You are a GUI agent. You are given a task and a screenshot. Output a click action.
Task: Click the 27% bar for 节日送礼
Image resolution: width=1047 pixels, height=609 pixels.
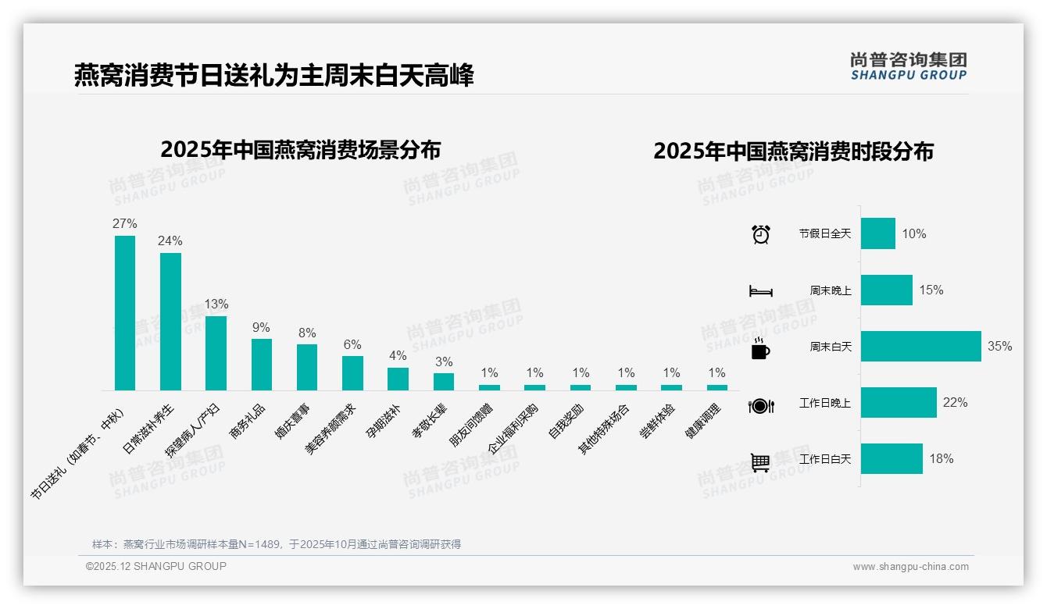125,312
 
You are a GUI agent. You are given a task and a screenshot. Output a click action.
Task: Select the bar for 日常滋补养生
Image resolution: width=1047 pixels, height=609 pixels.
170,321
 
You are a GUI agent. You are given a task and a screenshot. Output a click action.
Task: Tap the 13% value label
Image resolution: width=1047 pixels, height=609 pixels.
216,304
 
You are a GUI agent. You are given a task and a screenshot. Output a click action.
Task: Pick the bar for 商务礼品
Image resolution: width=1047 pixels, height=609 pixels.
262,364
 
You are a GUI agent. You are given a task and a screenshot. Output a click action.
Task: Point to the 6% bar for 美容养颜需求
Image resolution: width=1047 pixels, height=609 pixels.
352,373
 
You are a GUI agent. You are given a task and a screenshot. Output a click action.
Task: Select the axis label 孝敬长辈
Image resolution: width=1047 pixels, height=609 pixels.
431,422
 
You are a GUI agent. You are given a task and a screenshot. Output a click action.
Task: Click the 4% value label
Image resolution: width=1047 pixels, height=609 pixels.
398,355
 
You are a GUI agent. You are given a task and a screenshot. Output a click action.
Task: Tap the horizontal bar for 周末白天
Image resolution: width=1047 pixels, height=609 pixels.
920,346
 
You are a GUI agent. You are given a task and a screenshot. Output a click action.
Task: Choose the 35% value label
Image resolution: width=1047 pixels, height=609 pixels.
999,346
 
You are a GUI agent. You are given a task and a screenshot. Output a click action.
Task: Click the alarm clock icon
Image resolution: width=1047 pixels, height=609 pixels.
760,233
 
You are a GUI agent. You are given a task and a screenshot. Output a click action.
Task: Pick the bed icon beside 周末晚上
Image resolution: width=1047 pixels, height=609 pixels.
760,290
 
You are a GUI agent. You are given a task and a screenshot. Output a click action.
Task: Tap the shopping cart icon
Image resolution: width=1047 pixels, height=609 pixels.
760,462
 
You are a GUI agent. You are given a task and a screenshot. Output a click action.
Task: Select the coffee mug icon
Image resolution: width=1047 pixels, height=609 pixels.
760,349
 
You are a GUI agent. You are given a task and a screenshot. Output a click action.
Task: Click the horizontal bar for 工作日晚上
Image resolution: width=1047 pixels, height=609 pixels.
899,402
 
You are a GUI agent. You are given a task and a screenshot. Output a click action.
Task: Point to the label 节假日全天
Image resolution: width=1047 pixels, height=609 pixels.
824,233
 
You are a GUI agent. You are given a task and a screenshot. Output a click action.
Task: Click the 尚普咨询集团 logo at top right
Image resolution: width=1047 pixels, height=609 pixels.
908,66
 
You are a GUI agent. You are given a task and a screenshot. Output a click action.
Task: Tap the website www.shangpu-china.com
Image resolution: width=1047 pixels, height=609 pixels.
910,567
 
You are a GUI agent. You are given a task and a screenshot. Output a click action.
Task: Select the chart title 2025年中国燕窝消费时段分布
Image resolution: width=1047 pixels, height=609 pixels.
793,151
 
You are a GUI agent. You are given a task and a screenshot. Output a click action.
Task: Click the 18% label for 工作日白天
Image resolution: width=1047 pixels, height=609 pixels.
941,458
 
